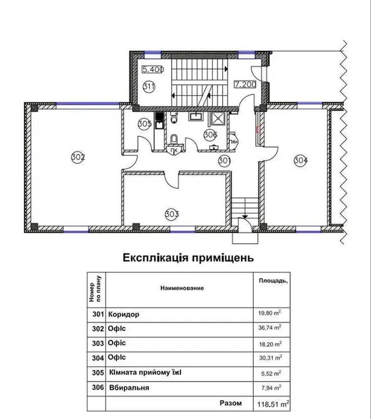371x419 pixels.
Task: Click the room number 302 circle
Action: pos(78,157)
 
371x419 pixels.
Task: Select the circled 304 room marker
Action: pos(301,160)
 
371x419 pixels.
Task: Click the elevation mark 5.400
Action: pos(153,69)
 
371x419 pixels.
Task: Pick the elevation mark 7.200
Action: pos(245,85)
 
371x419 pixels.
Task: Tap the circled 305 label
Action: pos(145,124)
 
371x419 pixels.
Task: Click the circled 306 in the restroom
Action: pos(210,135)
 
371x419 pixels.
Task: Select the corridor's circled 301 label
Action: pos(224,160)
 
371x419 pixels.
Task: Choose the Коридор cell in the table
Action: pos(124,314)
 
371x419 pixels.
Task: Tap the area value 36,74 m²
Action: pos(270,327)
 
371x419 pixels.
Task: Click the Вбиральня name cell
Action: pos(129,388)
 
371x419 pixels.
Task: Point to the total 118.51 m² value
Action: pos(273,404)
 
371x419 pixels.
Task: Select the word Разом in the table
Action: pos(231,403)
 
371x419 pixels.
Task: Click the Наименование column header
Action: pos(182,288)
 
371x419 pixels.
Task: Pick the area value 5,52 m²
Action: pos(271,373)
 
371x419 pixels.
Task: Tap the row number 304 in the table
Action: pos(98,358)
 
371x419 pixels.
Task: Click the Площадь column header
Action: pos(273,281)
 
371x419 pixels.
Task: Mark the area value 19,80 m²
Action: pos(270,313)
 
